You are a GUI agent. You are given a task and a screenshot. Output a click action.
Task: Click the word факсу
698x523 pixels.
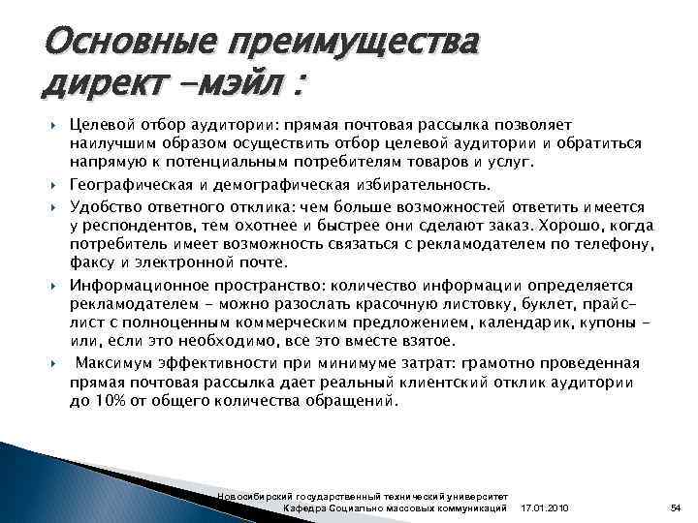point(92,261)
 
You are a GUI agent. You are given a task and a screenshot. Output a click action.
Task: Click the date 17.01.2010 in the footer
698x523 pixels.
point(546,508)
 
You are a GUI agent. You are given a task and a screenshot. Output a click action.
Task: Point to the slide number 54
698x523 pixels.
point(676,508)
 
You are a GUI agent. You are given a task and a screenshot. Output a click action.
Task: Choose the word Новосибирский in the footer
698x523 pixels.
point(255,495)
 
